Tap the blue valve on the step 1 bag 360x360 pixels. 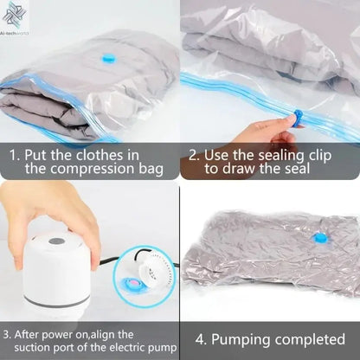point(107,59)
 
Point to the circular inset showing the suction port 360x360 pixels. point(144,276)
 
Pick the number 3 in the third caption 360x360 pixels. point(7,333)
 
